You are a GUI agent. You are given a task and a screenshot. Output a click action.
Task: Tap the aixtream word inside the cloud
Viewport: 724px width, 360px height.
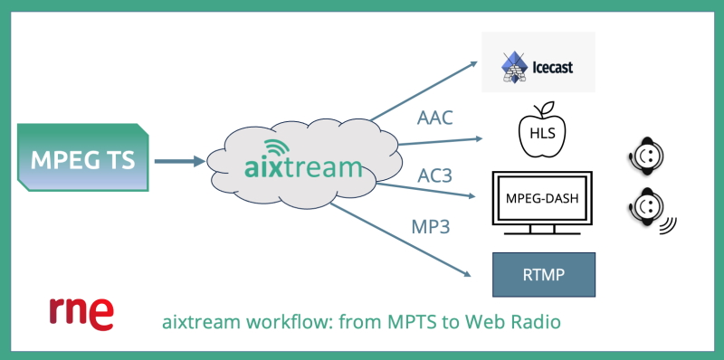[303, 167]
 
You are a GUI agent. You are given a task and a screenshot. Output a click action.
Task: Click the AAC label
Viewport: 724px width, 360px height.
[435, 118]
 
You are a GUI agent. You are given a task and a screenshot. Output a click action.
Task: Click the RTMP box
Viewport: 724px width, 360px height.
[543, 275]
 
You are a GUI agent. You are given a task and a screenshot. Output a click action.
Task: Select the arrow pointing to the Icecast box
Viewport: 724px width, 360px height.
[425, 90]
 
